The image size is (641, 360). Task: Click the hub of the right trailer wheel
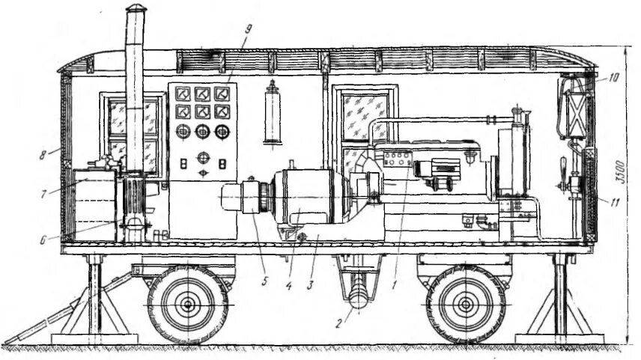click(x=465, y=304)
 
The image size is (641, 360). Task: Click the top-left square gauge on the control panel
click(x=181, y=94)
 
